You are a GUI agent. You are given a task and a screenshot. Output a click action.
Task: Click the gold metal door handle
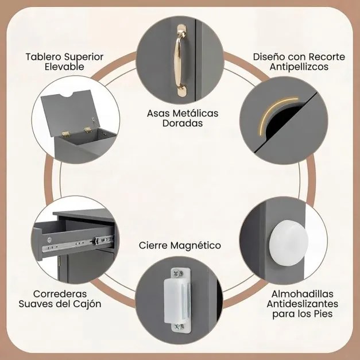[181, 61]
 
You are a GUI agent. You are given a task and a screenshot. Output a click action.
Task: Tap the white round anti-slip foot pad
[289, 243]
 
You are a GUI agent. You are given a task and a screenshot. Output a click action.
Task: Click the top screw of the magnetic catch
[178, 273]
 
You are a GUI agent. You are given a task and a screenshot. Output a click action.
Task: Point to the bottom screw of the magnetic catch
[179, 327]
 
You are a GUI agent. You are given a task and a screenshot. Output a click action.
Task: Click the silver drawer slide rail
[78, 244]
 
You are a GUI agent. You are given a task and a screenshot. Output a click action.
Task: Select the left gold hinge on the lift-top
[65, 134]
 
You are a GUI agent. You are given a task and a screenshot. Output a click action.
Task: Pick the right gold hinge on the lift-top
[88, 130]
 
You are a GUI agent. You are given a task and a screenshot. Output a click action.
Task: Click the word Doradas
[183, 123]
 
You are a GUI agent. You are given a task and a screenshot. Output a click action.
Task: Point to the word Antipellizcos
[299, 67]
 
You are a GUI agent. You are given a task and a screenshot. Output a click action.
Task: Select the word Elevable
[64, 67]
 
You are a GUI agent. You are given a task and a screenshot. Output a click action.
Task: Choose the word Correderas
[60, 294]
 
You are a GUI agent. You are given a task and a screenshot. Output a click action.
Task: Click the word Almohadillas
[303, 294]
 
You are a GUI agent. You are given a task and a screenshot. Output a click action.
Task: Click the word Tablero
[44, 57]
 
